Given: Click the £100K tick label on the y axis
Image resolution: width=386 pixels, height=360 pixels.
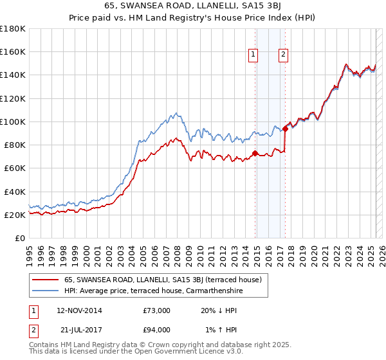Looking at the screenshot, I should point(13,122).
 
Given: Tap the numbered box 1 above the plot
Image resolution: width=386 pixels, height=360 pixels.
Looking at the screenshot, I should point(253,55).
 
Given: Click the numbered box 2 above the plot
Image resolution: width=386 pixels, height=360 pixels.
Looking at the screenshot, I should point(283,55).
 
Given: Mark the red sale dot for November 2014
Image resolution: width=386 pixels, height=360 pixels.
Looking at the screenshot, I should point(255,153).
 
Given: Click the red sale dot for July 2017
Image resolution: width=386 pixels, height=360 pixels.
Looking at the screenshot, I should point(285,129).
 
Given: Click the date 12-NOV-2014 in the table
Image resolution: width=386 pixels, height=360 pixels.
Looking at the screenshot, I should point(79,310).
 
